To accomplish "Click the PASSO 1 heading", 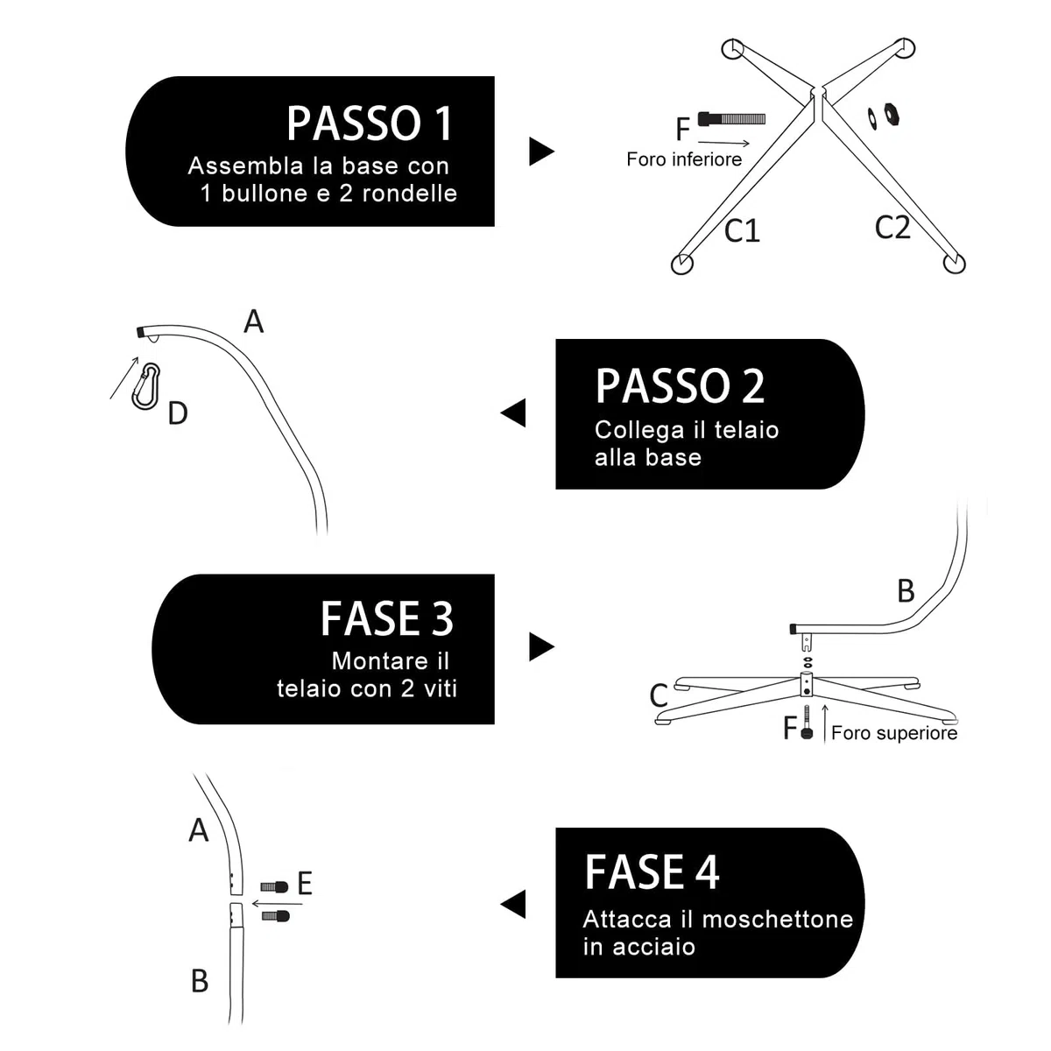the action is pyautogui.click(x=370, y=123).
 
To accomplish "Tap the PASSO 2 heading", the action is pyautogui.click(x=680, y=386).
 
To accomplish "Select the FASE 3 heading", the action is pyautogui.click(x=387, y=619).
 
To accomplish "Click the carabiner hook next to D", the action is pyautogui.click(x=145, y=386).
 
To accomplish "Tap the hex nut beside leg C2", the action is pyautogui.click(x=892, y=113).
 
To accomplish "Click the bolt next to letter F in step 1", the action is pyautogui.click(x=731, y=118).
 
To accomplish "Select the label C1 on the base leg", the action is pyautogui.click(x=742, y=230).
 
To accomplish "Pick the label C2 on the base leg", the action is pyautogui.click(x=892, y=228).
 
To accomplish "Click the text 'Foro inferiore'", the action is pyautogui.click(x=684, y=159).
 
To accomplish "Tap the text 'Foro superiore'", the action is pyautogui.click(x=894, y=733).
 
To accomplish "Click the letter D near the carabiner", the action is pyautogui.click(x=178, y=413).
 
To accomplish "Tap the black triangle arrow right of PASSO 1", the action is pyautogui.click(x=541, y=152).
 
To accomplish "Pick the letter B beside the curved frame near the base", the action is pyautogui.click(x=906, y=591).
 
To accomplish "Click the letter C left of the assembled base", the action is pyautogui.click(x=659, y=695).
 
